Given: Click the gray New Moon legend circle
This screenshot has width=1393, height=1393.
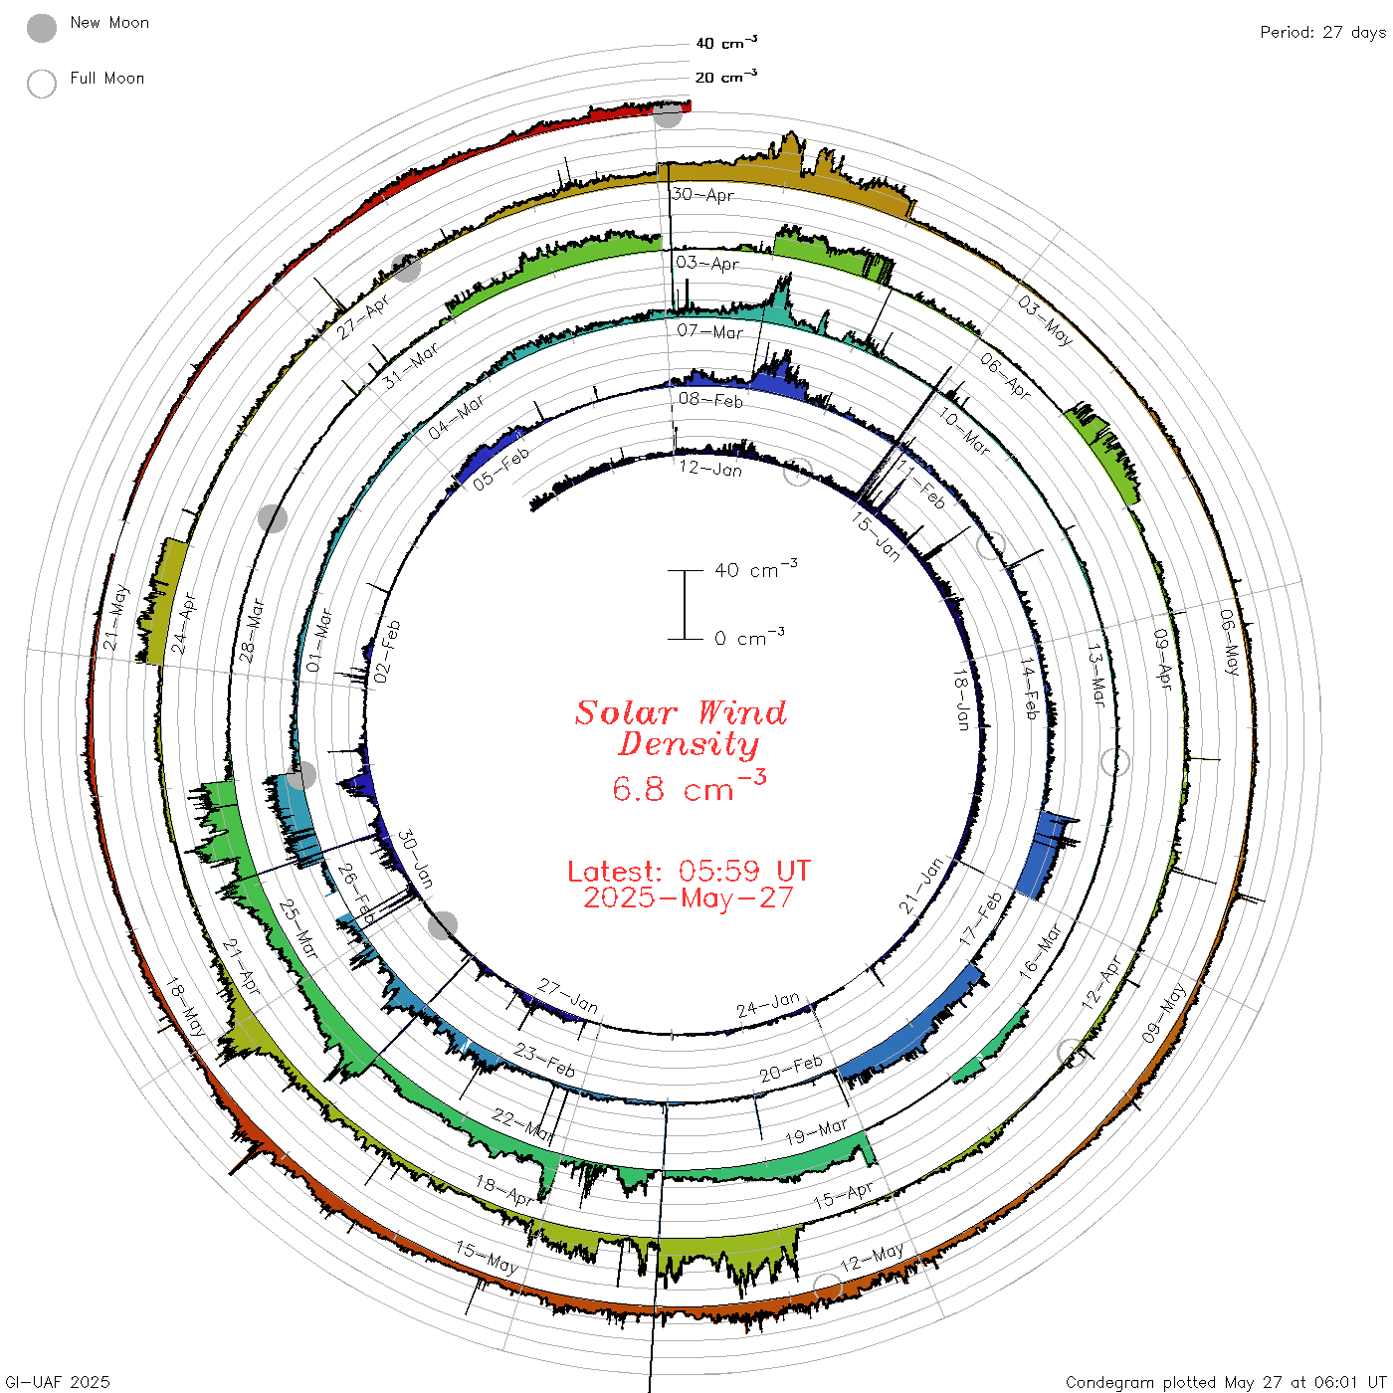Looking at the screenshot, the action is click(x=41, y=28).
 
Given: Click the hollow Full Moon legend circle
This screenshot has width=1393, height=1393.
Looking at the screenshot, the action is click(x=41, y=84).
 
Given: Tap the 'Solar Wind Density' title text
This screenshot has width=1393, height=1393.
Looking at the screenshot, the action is click(x=681, y=728).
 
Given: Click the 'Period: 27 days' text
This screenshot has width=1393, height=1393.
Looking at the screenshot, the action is click(x=1323, y=33).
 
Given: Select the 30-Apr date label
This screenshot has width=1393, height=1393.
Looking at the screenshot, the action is click(x=702, y=194).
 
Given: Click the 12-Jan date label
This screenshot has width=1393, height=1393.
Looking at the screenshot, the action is click(x=710, y=469).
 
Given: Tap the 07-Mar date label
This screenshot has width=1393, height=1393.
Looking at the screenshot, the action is click(x=709, y=331).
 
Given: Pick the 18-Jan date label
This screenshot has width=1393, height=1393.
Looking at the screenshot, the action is click(x=961, y=699).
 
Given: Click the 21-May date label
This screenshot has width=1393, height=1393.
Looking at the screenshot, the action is click(x=115, y=617).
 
